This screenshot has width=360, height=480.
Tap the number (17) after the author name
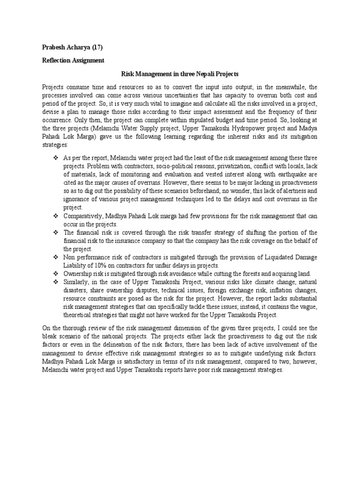pos(98,47)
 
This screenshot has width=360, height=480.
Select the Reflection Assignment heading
pos(73,60)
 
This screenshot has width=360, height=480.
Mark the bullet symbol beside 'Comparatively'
pos(55,216)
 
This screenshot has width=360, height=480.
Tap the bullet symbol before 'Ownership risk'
pos(55,274)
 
